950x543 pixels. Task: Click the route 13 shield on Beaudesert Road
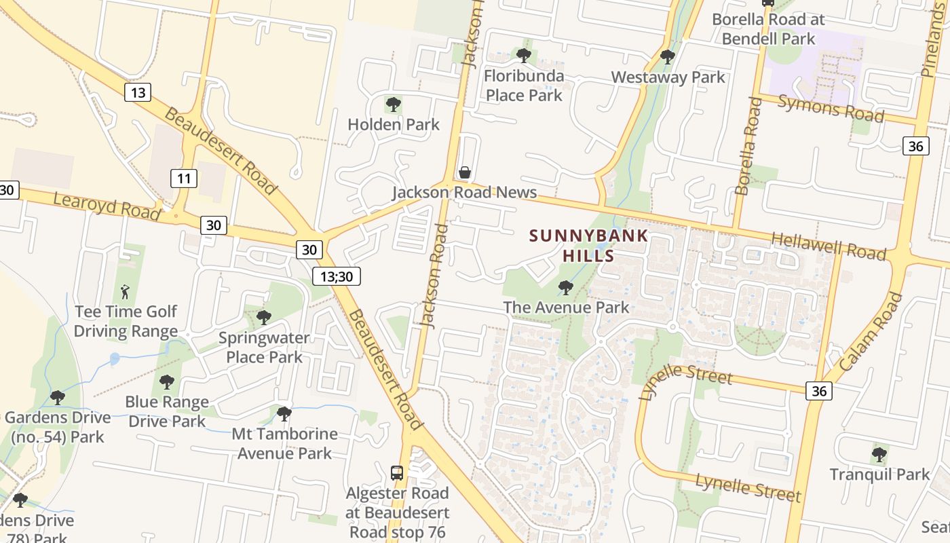[x=138, y=92]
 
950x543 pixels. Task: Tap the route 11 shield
[x=183, y=179]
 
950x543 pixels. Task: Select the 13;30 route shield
[x=337, y=276]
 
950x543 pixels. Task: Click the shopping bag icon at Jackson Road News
[x=465, y=172]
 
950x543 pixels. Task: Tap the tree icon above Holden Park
[x=393, y=105]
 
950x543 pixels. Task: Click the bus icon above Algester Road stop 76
[x=397, y=473]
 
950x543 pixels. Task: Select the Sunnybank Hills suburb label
[x=588, y=246]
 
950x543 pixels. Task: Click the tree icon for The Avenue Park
[x=565, y=288]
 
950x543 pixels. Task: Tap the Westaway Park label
[x=668, y=77]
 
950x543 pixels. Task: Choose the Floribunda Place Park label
[x=524, y=86]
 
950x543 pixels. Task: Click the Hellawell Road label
[x=829, y=246]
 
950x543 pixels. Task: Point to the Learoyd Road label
[x=106, y=206]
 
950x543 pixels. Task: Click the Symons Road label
[x=831, y=108]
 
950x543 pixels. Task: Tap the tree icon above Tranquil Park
[x=879, y=454]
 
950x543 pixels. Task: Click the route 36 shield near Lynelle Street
[x=819, y=391]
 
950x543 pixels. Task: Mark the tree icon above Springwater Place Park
[x=264, y=317]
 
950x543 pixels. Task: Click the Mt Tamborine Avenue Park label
[x=284, y=443]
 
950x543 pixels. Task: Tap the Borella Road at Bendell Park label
[x=767, y=29]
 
